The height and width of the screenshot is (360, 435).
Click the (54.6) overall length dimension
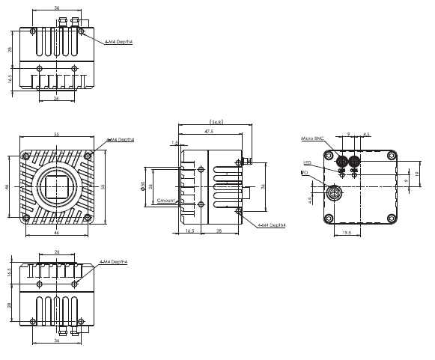pos(215,121)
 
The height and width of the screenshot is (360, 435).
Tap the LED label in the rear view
pos(307,163)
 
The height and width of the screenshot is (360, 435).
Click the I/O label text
pos(304,172)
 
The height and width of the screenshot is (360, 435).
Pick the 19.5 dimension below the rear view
pos(346,233)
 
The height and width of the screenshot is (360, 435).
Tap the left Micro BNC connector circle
pos(342,161)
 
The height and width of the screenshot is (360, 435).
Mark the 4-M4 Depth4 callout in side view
pos(272,224)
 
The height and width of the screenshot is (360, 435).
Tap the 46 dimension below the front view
pos(57,234)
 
